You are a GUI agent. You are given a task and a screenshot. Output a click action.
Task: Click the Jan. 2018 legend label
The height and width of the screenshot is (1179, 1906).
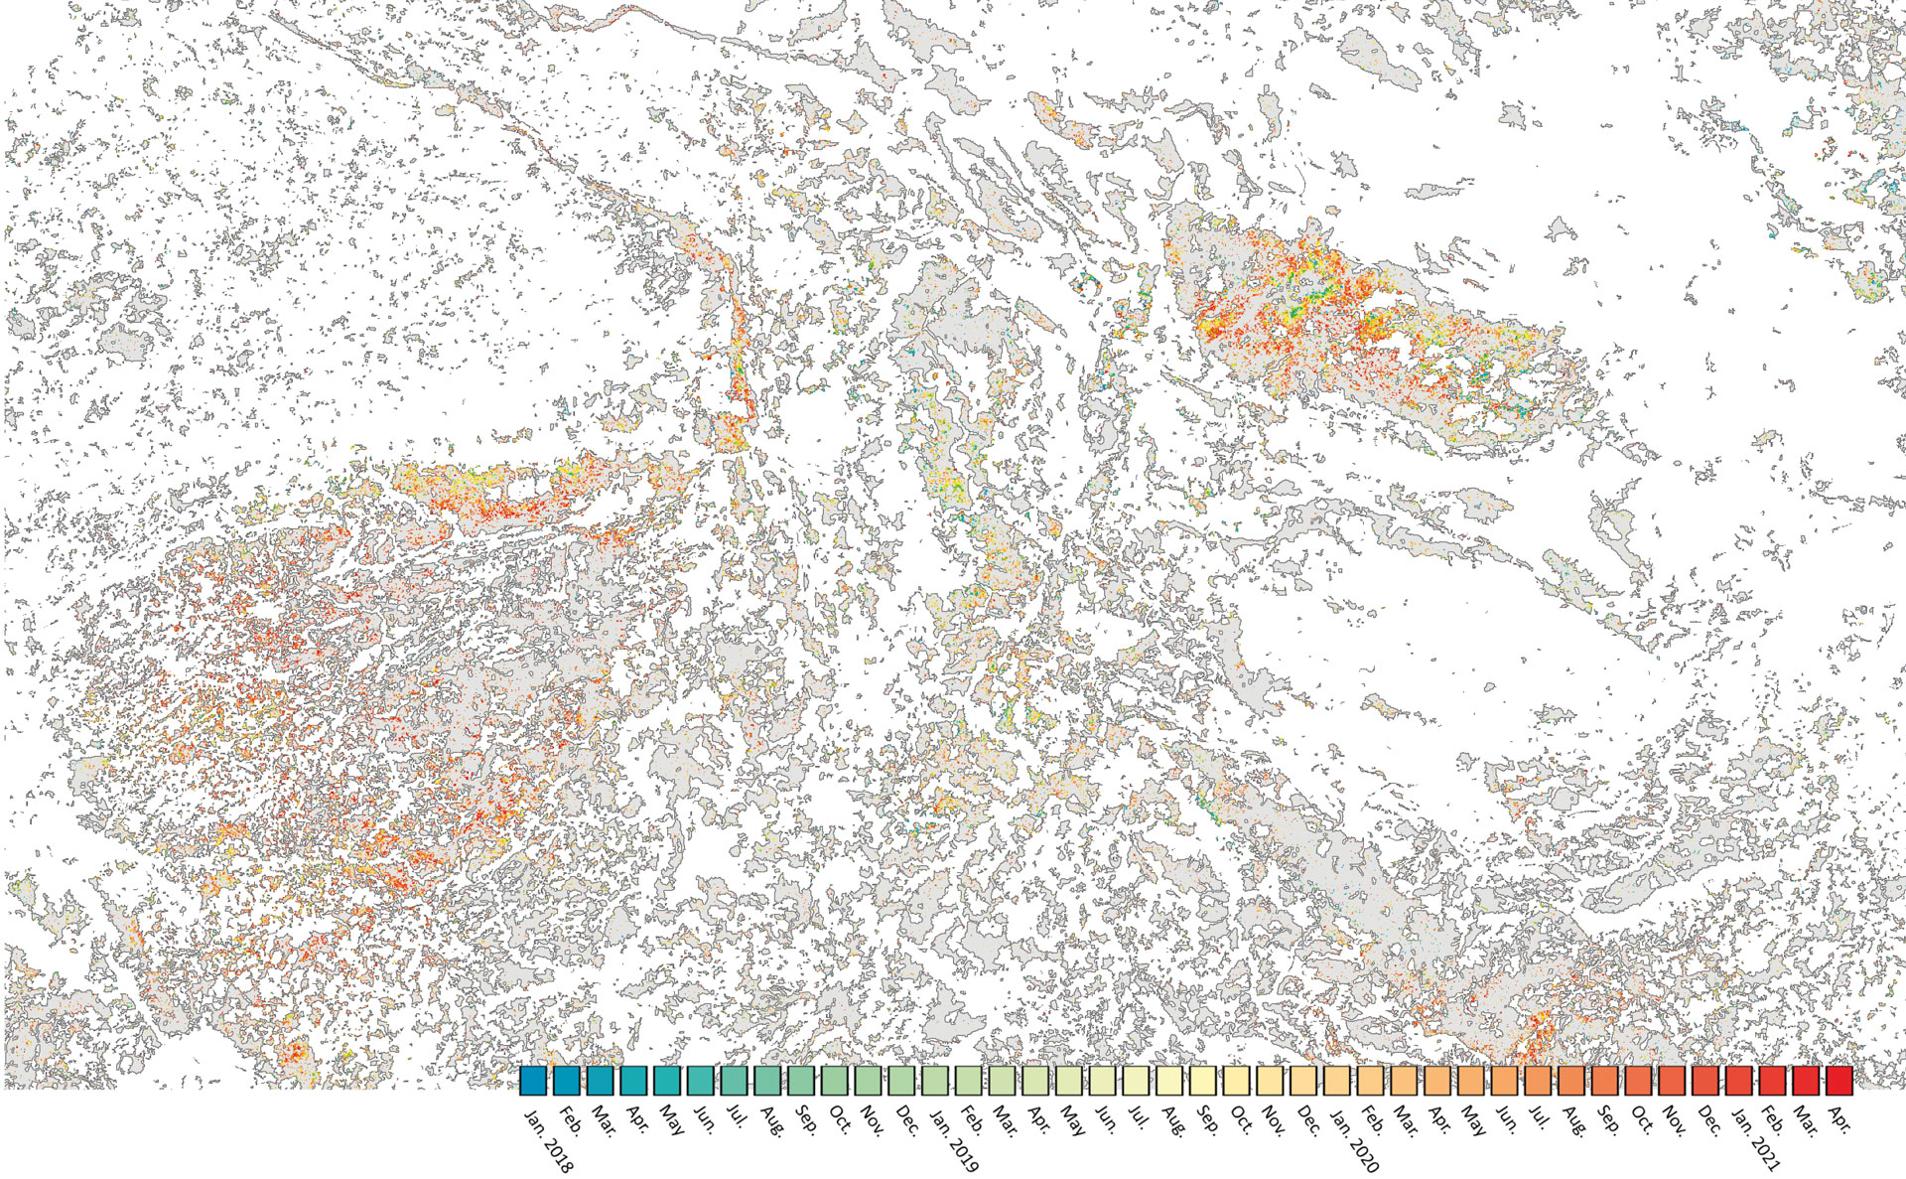coord(548,1140)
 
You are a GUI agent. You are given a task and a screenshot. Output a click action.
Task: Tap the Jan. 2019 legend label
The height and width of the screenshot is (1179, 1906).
coord(952,1140)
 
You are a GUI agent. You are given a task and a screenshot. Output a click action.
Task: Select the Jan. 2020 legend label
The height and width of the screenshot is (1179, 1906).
coord(1354,1140)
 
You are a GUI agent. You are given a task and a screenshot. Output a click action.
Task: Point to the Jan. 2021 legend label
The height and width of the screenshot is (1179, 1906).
coord(1756,1140)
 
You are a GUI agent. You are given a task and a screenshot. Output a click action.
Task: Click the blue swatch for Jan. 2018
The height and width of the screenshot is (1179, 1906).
coord(533,1080)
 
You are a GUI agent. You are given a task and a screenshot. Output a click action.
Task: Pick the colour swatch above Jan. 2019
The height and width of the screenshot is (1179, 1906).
coord(936,1080)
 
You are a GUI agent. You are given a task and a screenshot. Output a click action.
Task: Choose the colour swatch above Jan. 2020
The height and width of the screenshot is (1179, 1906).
coord(1337,1080)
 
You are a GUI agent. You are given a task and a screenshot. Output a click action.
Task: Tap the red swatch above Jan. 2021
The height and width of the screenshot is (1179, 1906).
coord(1739,1080)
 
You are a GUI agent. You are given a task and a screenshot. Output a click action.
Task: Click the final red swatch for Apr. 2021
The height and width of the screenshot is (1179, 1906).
coord(1839,1080)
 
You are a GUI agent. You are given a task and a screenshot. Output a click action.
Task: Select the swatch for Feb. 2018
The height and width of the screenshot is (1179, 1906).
coord(567,1080)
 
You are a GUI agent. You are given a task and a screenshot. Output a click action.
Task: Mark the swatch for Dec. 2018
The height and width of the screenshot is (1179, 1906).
coord(901,1080)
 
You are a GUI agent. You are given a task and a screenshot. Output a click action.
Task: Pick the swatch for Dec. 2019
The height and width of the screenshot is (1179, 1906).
coord(1303,1080)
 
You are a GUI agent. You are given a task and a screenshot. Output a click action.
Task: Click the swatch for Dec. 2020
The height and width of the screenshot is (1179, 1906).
coord(1705,1080)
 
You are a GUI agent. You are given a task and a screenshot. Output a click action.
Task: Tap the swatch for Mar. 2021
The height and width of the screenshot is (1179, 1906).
coord(1806,1080)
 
